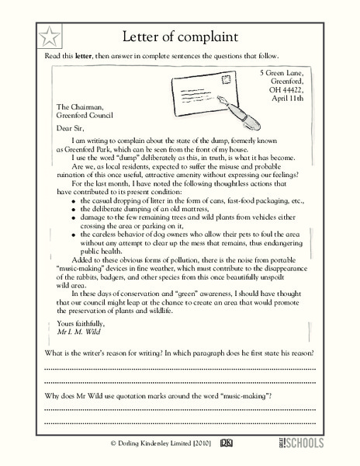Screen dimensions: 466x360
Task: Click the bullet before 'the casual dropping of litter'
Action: pyautogui.click(x=73, y=200)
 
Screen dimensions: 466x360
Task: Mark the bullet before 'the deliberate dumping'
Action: pyautogui.click(x=73, y=210)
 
